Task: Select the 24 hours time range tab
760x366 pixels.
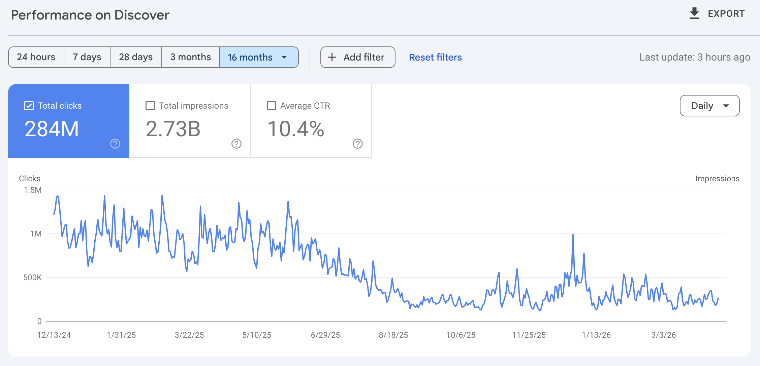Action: pos(36,57)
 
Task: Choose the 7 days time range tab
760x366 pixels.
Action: pos(87,57)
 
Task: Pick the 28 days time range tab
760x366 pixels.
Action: pos(136,57)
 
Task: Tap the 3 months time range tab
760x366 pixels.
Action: pos(190,57)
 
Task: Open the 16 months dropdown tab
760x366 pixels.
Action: pos(258,57)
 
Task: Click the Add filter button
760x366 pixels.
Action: pos(357,57)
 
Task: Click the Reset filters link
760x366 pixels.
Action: pos(435,57)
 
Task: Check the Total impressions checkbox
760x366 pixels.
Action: pos(150,106)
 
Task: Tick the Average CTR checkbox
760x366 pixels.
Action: pos(272,106)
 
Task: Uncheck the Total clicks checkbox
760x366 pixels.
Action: pos(29,106)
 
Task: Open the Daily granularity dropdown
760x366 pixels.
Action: pos(709,106)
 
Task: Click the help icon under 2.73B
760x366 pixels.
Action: pos(236,144)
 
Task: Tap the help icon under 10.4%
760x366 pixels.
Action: pos(358,144)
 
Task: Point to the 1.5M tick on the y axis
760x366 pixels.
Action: pos(33,190)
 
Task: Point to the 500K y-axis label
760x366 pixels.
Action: pos(32,278)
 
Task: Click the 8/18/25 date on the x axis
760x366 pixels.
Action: pos(393,335)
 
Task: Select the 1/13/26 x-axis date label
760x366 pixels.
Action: pos(596,335)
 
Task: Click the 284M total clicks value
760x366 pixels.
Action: pos(52,129)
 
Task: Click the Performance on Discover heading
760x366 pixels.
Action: pos(90,15)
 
